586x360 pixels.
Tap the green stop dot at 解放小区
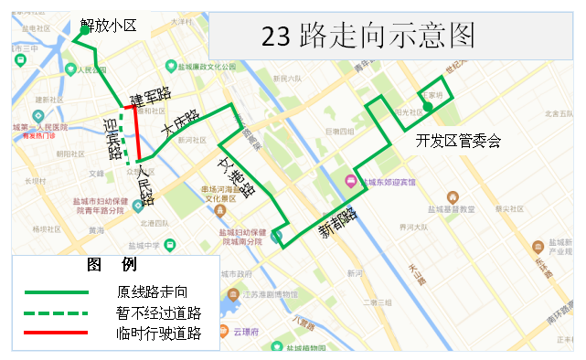click(84, 30)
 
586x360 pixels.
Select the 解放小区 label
click(109, 26)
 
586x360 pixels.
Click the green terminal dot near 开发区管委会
click(427, 109)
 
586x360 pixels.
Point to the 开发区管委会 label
click(458, 141)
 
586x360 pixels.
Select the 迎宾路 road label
click(112, 138)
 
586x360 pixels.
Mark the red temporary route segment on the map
click(138, 132)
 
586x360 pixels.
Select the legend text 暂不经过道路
click(158, 312)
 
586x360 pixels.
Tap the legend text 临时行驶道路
click(158, 334)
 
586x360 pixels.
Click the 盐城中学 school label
click(143, 245)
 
